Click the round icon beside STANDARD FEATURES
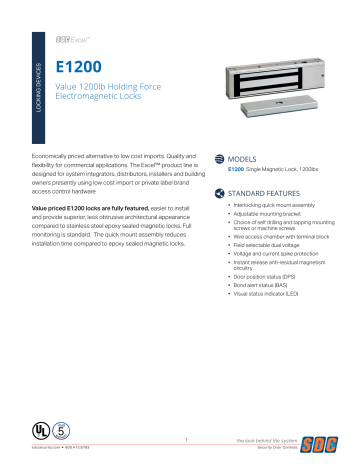[x=221, y=193]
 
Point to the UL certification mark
[x=38, y=428]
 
